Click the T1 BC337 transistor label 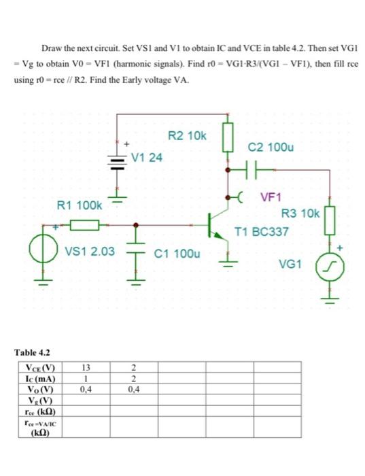[x=262, y=232]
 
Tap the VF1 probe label [x=270, y=197]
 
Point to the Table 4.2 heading [x=33, y=353]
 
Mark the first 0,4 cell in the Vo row [x=84, y=390]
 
